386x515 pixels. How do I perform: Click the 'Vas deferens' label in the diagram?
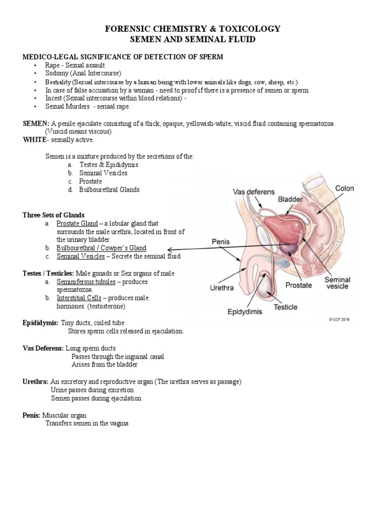tap(254, 192)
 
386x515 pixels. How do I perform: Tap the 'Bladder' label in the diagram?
tap(290, 200)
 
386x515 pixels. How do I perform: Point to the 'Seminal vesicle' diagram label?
tap(338, 283)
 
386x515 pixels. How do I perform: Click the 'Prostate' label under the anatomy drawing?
tap(300, 285)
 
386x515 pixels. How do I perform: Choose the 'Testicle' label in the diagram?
tap(285, 307)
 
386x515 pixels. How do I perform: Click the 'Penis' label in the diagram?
tap(220, 241)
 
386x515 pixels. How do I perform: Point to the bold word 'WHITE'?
tap(34, 139)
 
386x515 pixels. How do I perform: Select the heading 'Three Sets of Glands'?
tap(54, 215)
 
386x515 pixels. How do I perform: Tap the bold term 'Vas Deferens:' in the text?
tap(43, 348)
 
